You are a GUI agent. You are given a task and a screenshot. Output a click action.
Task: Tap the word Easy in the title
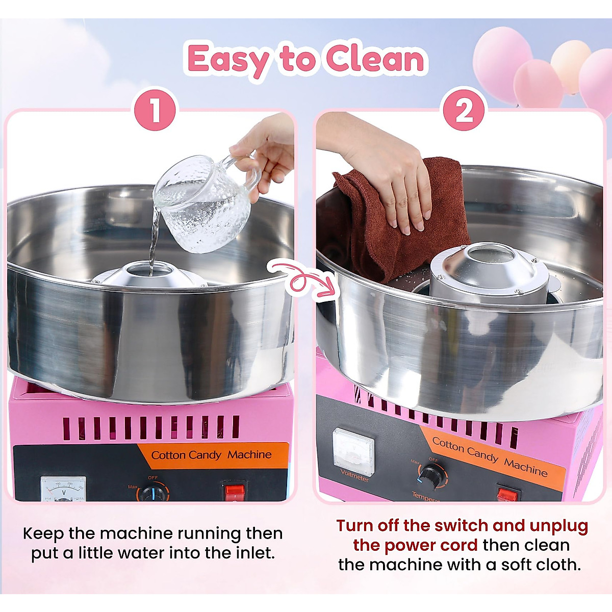(228, 60)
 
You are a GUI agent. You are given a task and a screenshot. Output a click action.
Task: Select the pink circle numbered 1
(155, 110)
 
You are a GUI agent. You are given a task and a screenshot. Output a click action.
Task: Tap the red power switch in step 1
(235, 492)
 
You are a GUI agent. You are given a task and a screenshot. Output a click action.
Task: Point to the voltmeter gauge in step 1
(63, 490)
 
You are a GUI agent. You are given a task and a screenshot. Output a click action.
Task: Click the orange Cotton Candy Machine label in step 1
(212, 455)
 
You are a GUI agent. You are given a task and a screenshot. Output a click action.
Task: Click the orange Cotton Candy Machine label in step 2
(490, 456)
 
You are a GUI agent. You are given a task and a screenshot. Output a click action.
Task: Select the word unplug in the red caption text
(559, 526)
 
